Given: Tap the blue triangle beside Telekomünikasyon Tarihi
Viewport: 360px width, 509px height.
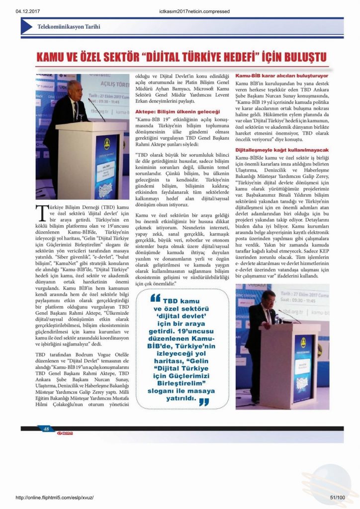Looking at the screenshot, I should coord(27,26).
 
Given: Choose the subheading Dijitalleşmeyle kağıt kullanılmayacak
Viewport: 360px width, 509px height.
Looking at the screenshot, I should coord(281,150).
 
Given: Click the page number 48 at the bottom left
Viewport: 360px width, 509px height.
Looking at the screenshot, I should coord(46,429).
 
